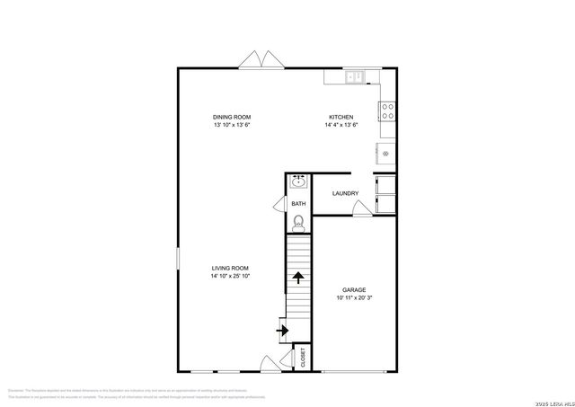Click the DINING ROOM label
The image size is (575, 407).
(x=231, y=118)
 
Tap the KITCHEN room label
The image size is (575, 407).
(x=341, y=118)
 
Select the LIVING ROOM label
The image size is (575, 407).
(x=230, y=268)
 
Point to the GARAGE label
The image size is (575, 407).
(x=354, y=289)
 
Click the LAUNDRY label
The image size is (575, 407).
(x=345, y=194)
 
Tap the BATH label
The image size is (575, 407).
(x=298, y=204)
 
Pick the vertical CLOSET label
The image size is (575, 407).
(x=304, y=357)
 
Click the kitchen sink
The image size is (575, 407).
(x=355, y=77)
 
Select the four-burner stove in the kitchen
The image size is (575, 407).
(x=388, y=111)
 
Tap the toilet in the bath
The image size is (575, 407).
(x=298, y=223)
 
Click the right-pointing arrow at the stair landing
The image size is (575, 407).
(x=284, y=331)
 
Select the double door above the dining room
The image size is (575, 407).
(x=261, y=60)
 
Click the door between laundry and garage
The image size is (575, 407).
(x=361, y=209)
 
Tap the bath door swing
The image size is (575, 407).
(x=279, y=204)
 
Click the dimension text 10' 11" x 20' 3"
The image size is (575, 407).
(x=354, y=298)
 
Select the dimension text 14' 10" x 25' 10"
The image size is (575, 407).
(x=230, y=277)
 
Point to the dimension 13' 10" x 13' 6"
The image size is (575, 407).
(x=231, y=126)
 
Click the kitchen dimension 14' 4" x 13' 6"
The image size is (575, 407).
(x=341, y=126)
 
